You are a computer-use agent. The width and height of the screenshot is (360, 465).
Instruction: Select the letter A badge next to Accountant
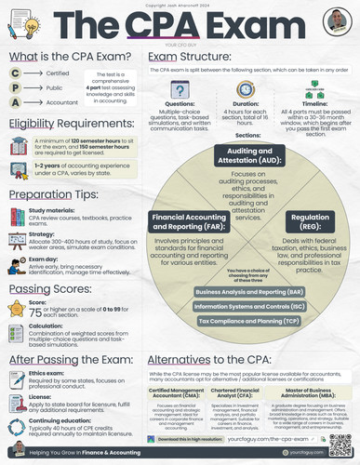tap(14, 105)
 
